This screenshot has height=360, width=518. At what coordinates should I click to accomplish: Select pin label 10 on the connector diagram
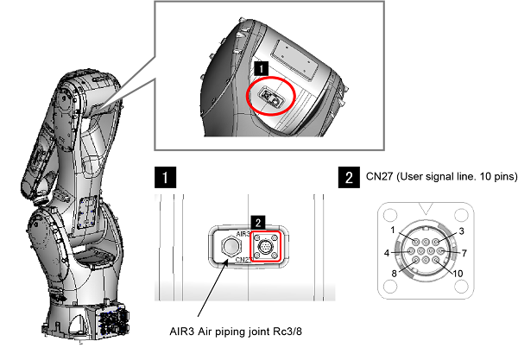(x=458, y=273)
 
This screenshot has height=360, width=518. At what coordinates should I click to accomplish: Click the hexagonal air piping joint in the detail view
(x=231, y=248)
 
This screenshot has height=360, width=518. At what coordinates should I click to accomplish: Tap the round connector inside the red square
(x=268, y=249)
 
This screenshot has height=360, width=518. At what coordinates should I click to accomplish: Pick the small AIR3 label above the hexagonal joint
(x=242, y=234)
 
